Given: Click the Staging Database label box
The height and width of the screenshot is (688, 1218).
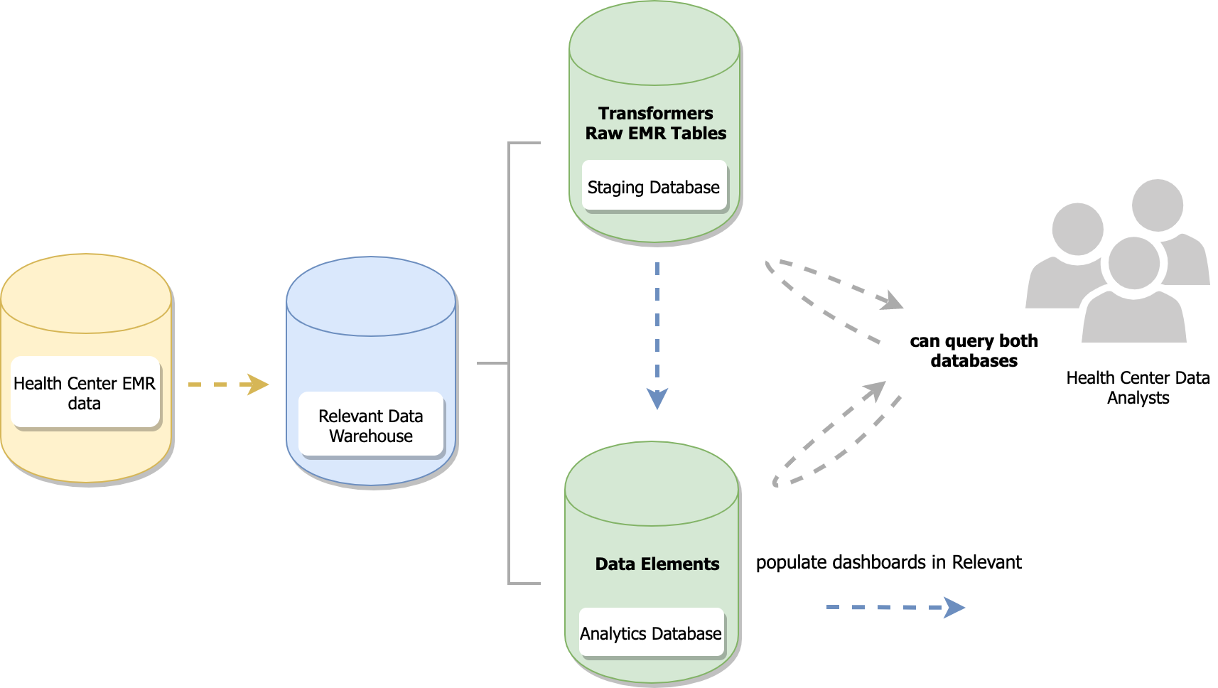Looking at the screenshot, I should (x=654, y=187).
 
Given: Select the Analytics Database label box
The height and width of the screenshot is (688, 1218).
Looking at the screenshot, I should (x=651, y=633).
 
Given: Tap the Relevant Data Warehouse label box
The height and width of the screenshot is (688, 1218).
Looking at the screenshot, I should (x=370, y=425).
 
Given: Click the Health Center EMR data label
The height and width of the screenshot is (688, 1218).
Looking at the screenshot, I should (x=85, y=392).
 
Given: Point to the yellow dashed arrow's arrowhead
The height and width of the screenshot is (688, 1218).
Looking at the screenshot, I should (x=257, y=385).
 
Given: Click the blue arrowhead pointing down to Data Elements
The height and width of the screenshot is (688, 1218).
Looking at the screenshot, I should (x=657, y=399).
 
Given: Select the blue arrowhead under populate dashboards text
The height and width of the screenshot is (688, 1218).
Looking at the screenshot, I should (x=954, y=608).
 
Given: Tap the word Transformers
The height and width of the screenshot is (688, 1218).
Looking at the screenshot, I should (x=655, y=114).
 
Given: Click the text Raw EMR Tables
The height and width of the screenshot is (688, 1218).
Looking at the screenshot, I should (x=655, y=134).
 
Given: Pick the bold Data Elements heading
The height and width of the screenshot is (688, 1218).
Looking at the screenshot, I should (x=657, y=564).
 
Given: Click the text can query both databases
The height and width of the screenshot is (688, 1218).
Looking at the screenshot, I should (x=974, y=350).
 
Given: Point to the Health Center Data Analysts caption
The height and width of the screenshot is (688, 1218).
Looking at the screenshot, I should (x=1137, y=387).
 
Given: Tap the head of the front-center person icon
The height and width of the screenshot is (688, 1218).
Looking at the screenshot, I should (x=1134, y=263).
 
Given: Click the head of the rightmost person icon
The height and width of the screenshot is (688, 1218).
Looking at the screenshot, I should (x=1158, y=205).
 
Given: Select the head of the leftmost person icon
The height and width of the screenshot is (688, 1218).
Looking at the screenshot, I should (x=1077, y=229).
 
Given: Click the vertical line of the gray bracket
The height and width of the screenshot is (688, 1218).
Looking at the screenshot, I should (x=509, y=362).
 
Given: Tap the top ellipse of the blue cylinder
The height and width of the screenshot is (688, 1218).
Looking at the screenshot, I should (x=370, y=296).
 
